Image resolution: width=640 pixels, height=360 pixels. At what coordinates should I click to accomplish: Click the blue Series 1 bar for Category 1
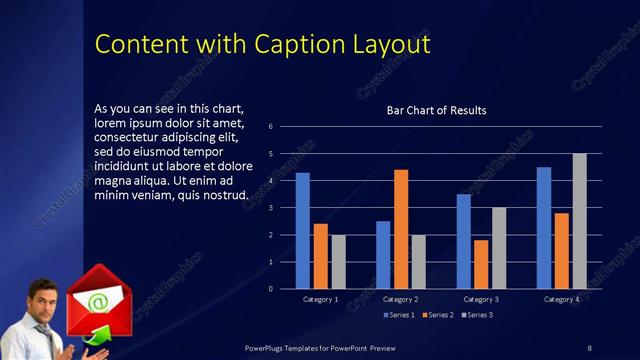pyautogui.click(x=302, y=231)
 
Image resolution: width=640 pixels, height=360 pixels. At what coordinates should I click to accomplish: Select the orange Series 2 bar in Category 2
pyautogui.click(x=401, y=229)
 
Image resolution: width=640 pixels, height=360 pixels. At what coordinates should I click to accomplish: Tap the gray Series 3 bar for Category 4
pyautogui.click(x=579, y=221)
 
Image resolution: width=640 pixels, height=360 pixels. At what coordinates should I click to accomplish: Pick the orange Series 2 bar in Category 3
pyautogui.click(x=481, y=264)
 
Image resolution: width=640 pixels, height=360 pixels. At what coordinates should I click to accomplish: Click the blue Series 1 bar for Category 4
pyautogui.click(x=543, y=228)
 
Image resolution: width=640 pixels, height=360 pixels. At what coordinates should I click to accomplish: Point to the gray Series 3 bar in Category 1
pyautogui.click(x=339, y=262)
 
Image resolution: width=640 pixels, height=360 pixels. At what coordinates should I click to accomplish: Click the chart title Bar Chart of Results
pyautogui.click(x=436, y=110)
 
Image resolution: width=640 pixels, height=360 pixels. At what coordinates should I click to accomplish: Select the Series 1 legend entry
pyautogui.click(x=402, y=315)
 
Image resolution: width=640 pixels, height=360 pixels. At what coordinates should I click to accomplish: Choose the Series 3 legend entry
pyautogui.click(x=476, y=315)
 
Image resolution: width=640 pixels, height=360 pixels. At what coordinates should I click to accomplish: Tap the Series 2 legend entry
pyautogui.click(x=439, y=315)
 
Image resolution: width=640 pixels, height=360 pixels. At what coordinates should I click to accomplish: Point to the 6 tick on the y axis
pyautogui.click(x=270, y=127)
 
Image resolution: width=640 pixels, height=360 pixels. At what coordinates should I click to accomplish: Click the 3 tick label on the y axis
pyautogui.click(x=270, y=208)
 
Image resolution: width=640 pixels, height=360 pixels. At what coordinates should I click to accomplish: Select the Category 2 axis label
pyautogui.click(x=400, y=299)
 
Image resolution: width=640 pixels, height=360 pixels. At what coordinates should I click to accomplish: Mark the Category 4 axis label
pyautogui.click(x=561, y=299)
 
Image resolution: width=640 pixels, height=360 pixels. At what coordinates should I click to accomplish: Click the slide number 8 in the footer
pyautogui.click(x=589, y=347)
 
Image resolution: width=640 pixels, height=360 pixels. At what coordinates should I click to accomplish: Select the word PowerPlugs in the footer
pyautogui.click(x=270, y=347)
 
